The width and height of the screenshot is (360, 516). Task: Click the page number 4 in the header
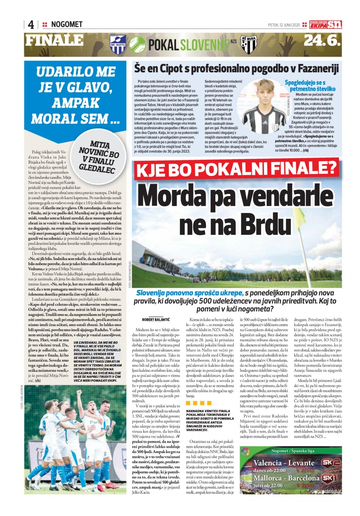(x=31, y=25)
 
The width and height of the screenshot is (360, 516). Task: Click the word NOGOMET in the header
(x=67, y=24)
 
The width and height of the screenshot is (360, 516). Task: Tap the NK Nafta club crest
(x=118, y=45)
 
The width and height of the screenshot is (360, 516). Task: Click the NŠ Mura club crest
(x=249, y=45)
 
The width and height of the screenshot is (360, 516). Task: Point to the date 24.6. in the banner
(x=322, y=41)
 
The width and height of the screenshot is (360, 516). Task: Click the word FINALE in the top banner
(x=54, y=41)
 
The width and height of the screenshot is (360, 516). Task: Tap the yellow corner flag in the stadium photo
(x=300, y=215)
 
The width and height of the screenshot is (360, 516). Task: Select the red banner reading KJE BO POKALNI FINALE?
(x=236, y=170)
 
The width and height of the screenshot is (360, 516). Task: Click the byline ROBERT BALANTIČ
(x=156, y=319)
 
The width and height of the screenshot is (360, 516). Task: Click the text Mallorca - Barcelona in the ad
(x=287, y=478)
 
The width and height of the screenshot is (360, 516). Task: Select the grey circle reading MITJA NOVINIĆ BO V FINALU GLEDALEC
(x=99, y=157)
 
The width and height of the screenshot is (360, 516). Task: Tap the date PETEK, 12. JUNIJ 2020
(x=284, y=25)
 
